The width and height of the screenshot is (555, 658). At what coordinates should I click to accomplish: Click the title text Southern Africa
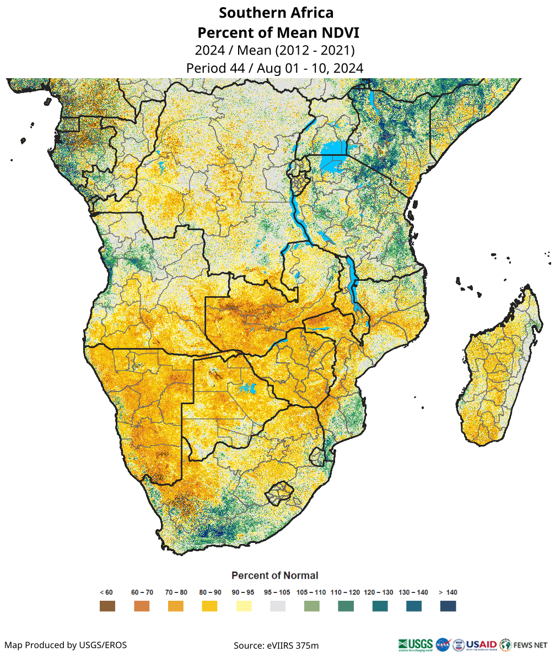(x=276, y=13)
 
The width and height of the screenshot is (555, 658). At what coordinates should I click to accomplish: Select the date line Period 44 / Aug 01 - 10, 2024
(x=274, y=68)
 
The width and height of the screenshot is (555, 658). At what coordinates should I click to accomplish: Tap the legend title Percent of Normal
(x=274, y=575)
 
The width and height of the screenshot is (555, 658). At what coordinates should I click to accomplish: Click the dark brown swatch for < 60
(x=107, y=606)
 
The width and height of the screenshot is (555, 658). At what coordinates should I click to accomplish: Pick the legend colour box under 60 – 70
(x=142, y=606)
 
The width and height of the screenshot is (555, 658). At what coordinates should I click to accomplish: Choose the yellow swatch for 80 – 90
(x=209, y=606)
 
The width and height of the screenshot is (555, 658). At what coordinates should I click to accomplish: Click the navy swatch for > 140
(x=448, y=606)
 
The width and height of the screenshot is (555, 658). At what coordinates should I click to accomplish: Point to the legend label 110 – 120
(x=346, y=592)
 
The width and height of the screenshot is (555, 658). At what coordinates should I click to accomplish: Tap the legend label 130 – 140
(x=413, y=592)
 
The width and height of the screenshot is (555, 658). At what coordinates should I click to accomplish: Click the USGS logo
(x=416, y=644)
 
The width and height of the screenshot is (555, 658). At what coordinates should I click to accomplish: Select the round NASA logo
(x=443, y=644)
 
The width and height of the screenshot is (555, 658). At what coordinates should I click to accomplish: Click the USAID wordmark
(x=481, y=644)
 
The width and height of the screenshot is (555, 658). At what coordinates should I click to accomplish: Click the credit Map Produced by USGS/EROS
(x=66, y=645)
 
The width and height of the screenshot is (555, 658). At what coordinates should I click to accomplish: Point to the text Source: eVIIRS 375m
(x=276, y=645)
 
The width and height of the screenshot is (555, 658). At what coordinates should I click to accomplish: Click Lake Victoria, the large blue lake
(x=333, y=148)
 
